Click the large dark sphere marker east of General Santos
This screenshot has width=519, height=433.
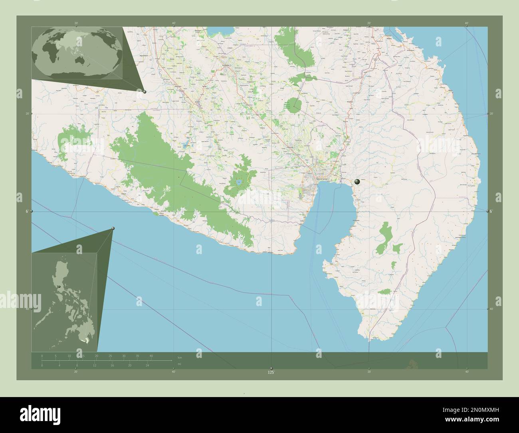coord(357,182)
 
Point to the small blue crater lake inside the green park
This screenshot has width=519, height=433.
coord(238,182)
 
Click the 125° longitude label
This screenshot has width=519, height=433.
coord(271,373)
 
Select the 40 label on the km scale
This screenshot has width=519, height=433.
coord(151,356)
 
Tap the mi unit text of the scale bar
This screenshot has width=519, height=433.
coord(180,364)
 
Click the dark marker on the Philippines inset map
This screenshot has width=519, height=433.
coord(59,287)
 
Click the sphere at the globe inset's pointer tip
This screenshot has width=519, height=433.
coord(145,92)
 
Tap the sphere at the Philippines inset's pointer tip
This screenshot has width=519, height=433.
coord(113,228)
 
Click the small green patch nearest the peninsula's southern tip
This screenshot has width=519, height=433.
coord(384,292)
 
